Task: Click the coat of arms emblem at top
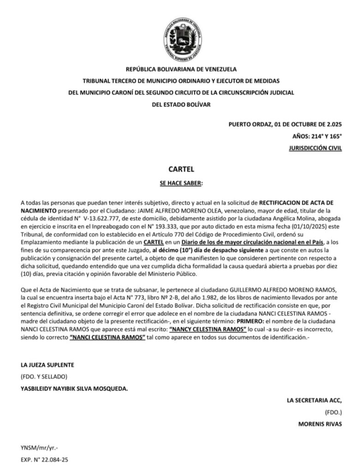pyautogui.click(x=183, y=36)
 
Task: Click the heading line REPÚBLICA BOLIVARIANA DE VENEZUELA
pyautogui.click(x=181, y=69)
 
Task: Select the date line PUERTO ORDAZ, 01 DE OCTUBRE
pyautogui.click(x=285, y=124)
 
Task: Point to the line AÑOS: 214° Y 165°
pyautogui.click(x=317, y=136)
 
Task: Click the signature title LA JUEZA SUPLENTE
pyautogui.click(x=48, y=365)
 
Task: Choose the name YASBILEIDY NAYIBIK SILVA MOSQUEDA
pyautogui.click(x=74, y=388)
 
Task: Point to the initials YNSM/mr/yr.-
pyautogui.click(x=40, y=448)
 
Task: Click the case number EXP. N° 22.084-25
pyautogui.click(x=44, y=460)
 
